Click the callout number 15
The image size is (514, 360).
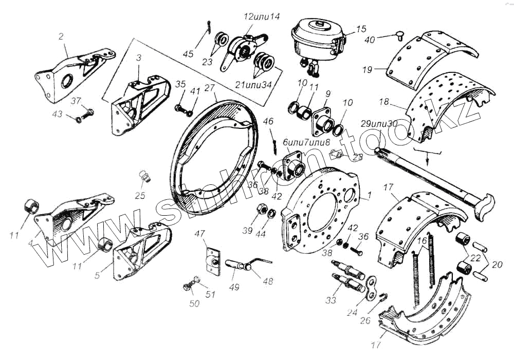(361, 29)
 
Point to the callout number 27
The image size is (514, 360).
(210, 88)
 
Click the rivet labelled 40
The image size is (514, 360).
(399, 35)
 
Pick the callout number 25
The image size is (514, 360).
(140, 195)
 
